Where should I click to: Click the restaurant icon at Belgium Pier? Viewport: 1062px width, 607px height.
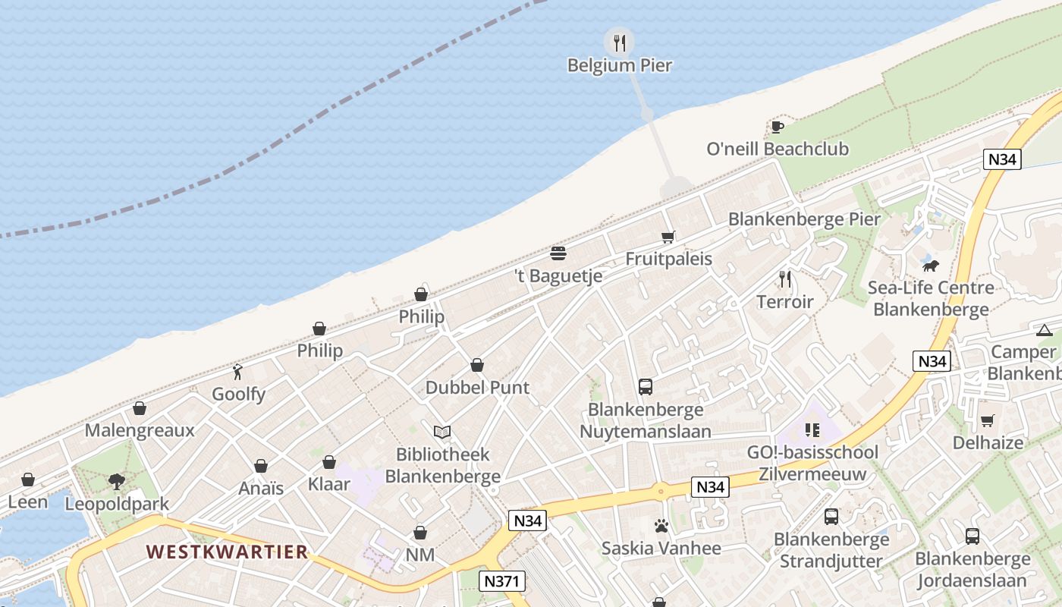(x=620, y=42)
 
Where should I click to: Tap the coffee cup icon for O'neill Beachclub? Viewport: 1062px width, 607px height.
(x=777, y=127)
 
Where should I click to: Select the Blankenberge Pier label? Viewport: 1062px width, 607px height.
(x=804, y=219)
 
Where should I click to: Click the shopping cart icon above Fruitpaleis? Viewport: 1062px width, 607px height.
(x=668, y=237)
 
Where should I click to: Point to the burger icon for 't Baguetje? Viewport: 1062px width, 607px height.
(x=558, y=253)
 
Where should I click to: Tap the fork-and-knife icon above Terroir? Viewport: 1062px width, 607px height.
(x=785, y=280)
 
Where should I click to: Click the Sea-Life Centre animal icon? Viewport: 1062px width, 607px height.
(x=931, y=266)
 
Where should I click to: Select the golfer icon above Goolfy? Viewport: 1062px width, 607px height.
(x=238, y=372)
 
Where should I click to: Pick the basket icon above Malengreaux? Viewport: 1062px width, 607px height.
(x=140, y=409)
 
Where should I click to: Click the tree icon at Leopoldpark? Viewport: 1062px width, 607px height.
(x=116, y=481)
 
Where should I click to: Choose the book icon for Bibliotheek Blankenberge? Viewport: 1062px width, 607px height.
(x=442, y=432)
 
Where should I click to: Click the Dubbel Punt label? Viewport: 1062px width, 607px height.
(x=477, y=387)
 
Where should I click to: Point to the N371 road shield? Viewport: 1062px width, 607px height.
(x=502, y=581)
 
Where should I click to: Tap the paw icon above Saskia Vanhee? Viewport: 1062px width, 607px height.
(x=661, y=526)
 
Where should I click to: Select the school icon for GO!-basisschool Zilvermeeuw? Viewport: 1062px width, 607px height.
(x=812, y=430)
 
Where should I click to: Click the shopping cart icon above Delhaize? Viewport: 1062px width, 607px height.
(x=987, y=420)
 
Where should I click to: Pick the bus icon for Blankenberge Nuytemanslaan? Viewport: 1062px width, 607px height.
(x=646, y=387)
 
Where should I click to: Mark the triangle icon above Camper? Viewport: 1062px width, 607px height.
(x=1045, y=330)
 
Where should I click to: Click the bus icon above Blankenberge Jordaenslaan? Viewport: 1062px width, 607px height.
(x=972, y=536)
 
